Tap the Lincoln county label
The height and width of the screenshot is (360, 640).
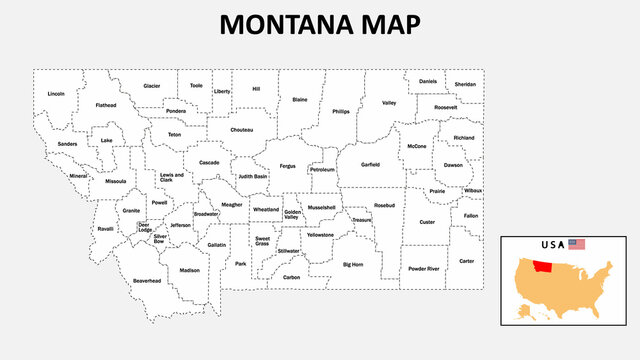point(56,94)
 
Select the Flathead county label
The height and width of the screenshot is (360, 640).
point(106,105)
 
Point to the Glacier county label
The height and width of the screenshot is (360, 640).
point(152,86)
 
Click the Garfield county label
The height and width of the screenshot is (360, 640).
point(370,164)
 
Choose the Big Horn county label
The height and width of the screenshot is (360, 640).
point(353,265)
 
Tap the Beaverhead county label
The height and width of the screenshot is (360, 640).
point(147,281)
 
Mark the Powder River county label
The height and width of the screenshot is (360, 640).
point(424,269)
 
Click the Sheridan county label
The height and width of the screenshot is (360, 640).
point(465,85)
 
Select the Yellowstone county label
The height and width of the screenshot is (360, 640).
point(321,235)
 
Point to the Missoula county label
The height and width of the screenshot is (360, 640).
point(116,182)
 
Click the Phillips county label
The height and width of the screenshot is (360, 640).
point(342,112)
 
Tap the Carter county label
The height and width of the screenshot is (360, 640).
point(466,261)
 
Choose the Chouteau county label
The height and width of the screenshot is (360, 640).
point(241,129)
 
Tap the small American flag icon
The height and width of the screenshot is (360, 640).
point(576,244)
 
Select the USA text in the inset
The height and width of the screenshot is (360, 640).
point(551,245)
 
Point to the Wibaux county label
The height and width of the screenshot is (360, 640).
point(472,190)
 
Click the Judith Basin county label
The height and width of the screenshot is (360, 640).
point(252,177)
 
